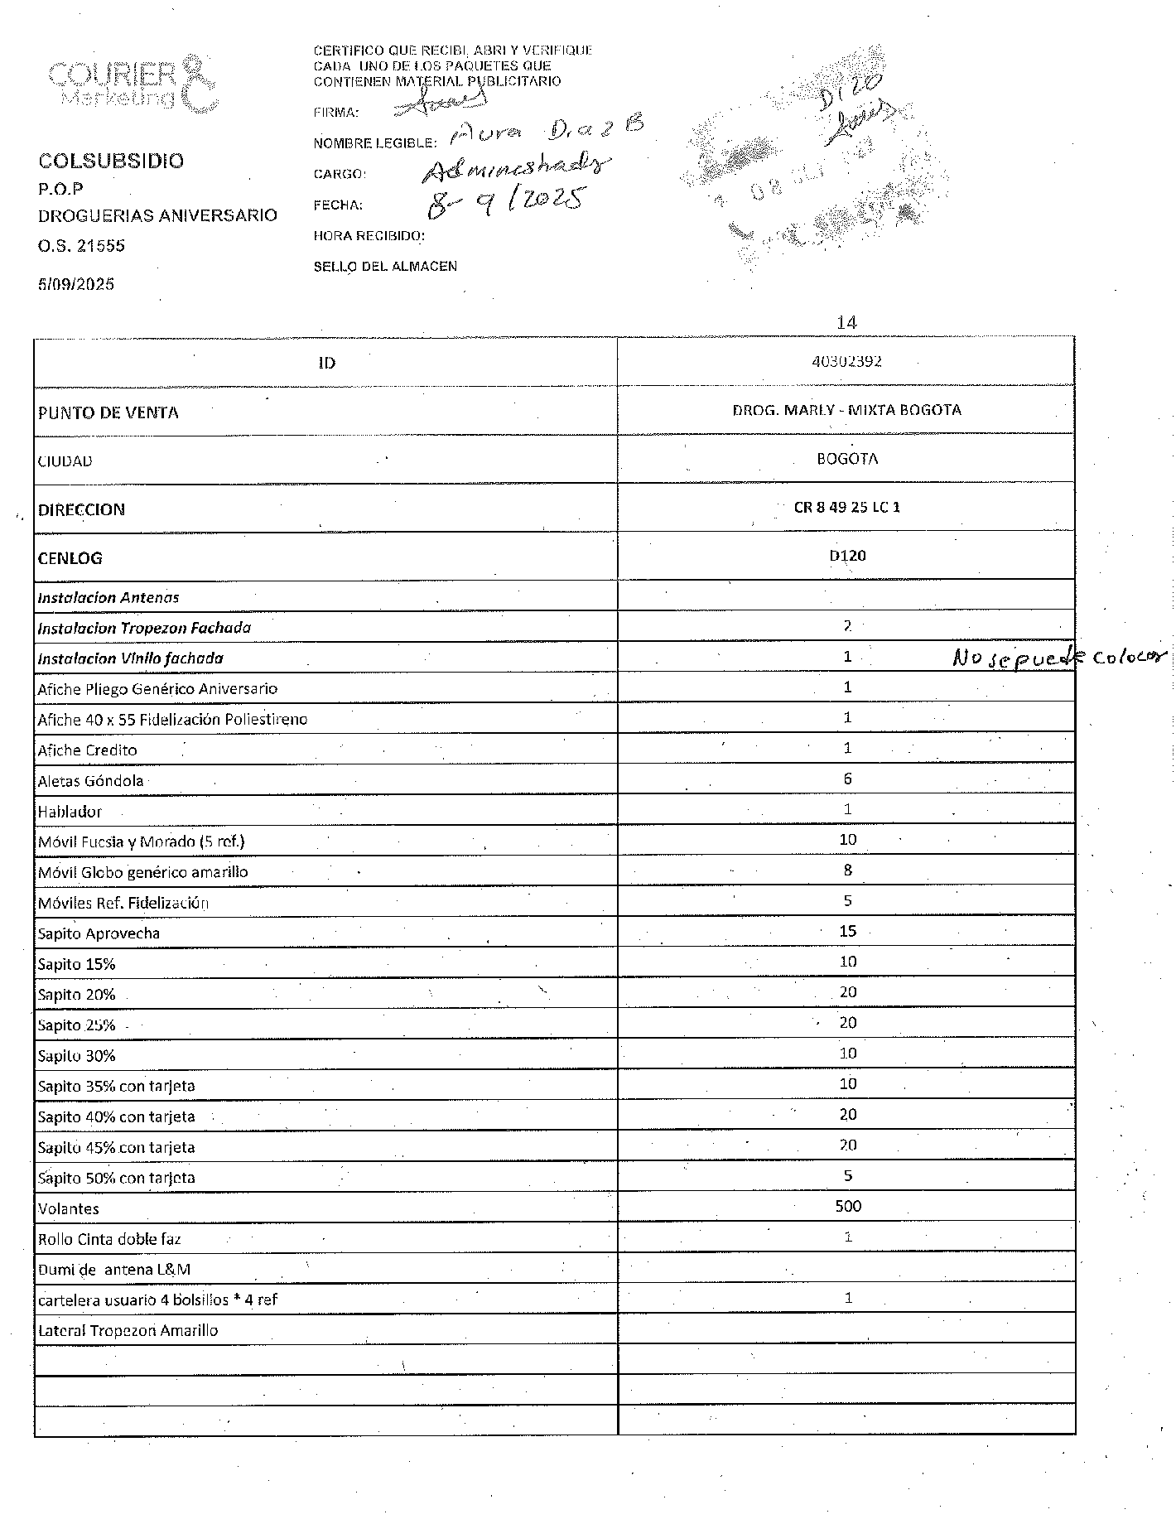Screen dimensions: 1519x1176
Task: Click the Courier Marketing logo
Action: pyautogui.click(x=133, y=84)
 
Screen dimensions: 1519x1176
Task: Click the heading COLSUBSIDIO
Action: pyautogui.click(x=111, y=161)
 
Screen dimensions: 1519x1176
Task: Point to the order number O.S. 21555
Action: pyautogui.click(x=81, y=246)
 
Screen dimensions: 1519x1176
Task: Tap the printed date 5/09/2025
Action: pyautogui.click(x=76, y=284)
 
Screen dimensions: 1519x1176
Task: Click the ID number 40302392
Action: pyautogui.click(x=846, y=361)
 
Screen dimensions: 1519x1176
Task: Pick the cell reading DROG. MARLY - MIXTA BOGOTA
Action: pyautogui.click(x=846, y=410)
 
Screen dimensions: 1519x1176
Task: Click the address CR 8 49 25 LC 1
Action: pyautogui.click(x=846, y=507)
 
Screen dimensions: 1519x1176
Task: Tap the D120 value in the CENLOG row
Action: pyautogui.click(x=846, y=555)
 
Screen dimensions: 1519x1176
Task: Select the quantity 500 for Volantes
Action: pyautogui.click(x=847, y=1206)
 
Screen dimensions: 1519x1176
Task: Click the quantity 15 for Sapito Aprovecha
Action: pyautogui.click(x=847, y=931)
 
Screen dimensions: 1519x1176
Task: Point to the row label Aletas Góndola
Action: pyautogui.click(x=90, y=780)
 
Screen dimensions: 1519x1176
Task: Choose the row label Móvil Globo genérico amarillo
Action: pyautogui.click(x=142, y=871)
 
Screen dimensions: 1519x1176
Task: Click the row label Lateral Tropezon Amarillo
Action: pyautogui.click(x=128, y=1330)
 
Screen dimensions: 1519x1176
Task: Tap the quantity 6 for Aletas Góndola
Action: pyautogui.click(x=847, y=779)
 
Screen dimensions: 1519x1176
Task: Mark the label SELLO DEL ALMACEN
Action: pyautogui.click(x=385, y=267)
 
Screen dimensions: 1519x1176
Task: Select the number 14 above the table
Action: pyautogui.click(x=846, y=322)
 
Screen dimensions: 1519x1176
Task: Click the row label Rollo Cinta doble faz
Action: pyautogui.click(x=109, y=1239)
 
